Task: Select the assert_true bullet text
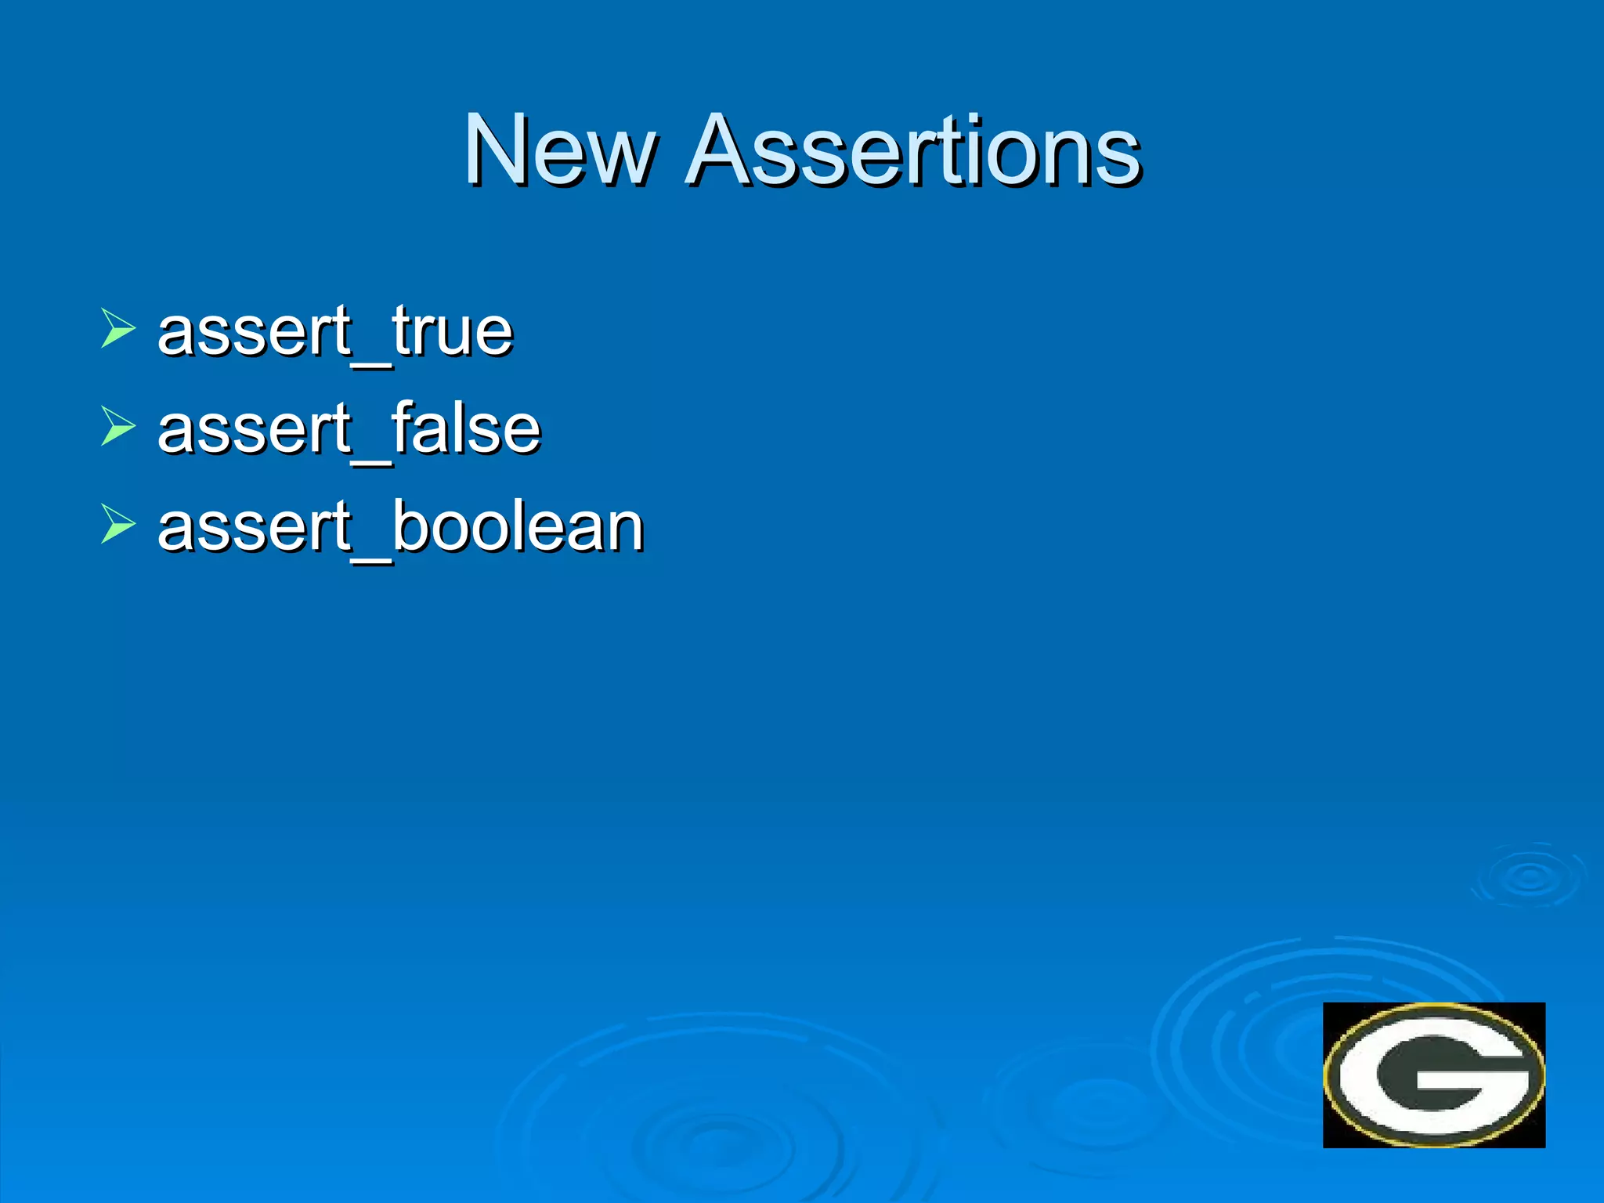[335, 331]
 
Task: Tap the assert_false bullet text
[349, 429]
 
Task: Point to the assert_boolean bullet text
[400, 526]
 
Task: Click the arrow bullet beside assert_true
[117, 328]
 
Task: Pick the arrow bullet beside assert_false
[117, 427]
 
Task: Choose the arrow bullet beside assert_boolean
[117, 524]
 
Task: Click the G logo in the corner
[1433, 1075]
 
